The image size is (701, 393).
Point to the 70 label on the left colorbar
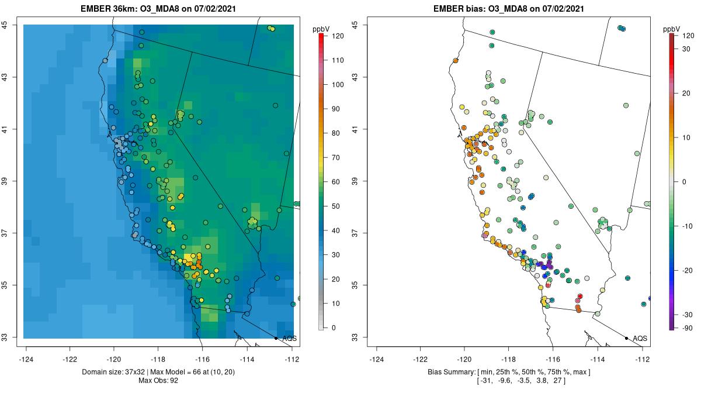coord(337,157)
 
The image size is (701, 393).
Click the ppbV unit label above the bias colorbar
coord(672,29)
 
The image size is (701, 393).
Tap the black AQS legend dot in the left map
coord(276,338)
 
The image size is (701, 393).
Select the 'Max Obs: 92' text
coord(158,381)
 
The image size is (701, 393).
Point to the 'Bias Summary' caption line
coord(509,372)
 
